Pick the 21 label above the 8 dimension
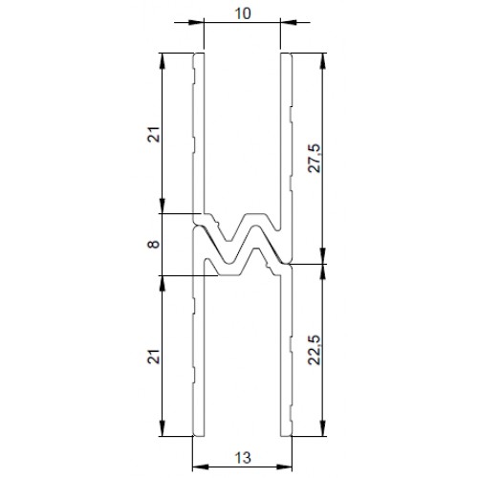pos(156,136)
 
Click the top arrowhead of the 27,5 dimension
pos(324,59)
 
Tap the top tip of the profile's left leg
pos(198,55)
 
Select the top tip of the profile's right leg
pos(285,55)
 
